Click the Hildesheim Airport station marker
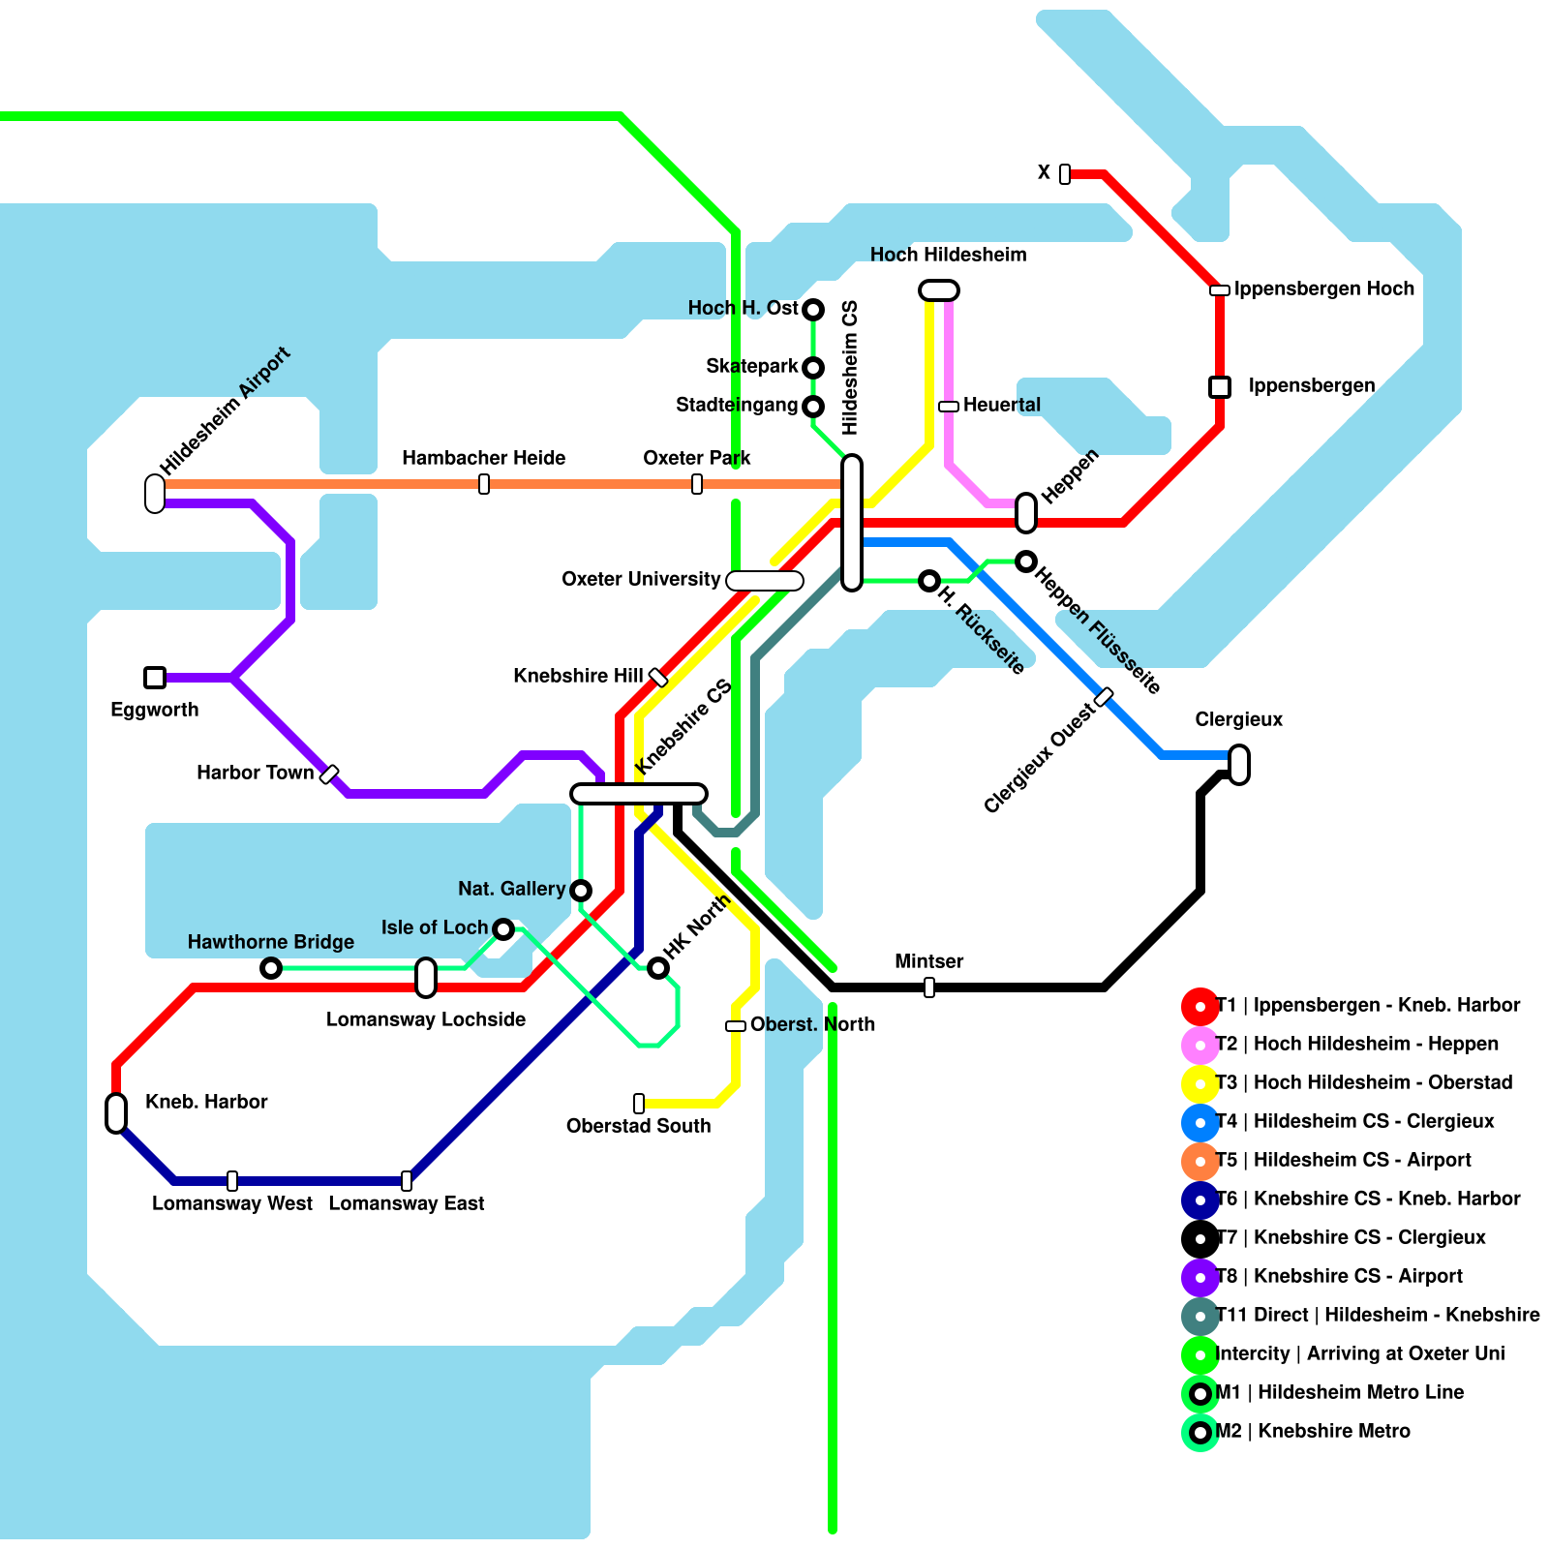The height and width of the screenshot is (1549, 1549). coord(155,494)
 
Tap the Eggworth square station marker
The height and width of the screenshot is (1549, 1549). coord(155,678)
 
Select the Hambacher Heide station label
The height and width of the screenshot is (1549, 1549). coord(483,458)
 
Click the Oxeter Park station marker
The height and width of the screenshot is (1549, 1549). coord(697,484)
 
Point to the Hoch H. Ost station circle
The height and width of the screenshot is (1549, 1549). coord(813,310)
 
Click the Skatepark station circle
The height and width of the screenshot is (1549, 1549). coord(813,368)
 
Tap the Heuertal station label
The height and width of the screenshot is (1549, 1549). coord(1001,405)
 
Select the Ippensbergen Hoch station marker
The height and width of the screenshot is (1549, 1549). coord(1220,290)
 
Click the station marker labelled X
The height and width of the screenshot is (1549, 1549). coord(1065,174)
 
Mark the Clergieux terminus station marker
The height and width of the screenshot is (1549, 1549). coord(1239,765)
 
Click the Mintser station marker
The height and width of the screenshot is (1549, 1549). coord(929,987)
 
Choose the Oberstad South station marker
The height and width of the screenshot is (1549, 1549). coord(639,1104)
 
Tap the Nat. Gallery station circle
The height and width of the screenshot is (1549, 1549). coord(581,891)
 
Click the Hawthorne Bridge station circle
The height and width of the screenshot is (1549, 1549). coord(271,968)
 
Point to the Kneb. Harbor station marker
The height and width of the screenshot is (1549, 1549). coord(116,1113)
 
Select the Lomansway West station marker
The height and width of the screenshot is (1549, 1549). coord(232,1181)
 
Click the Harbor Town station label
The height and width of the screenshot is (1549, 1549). coord(255,773)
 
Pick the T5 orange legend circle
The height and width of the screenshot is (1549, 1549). coord(1200,1162)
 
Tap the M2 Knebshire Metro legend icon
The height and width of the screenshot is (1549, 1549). coord(1200,1433)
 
